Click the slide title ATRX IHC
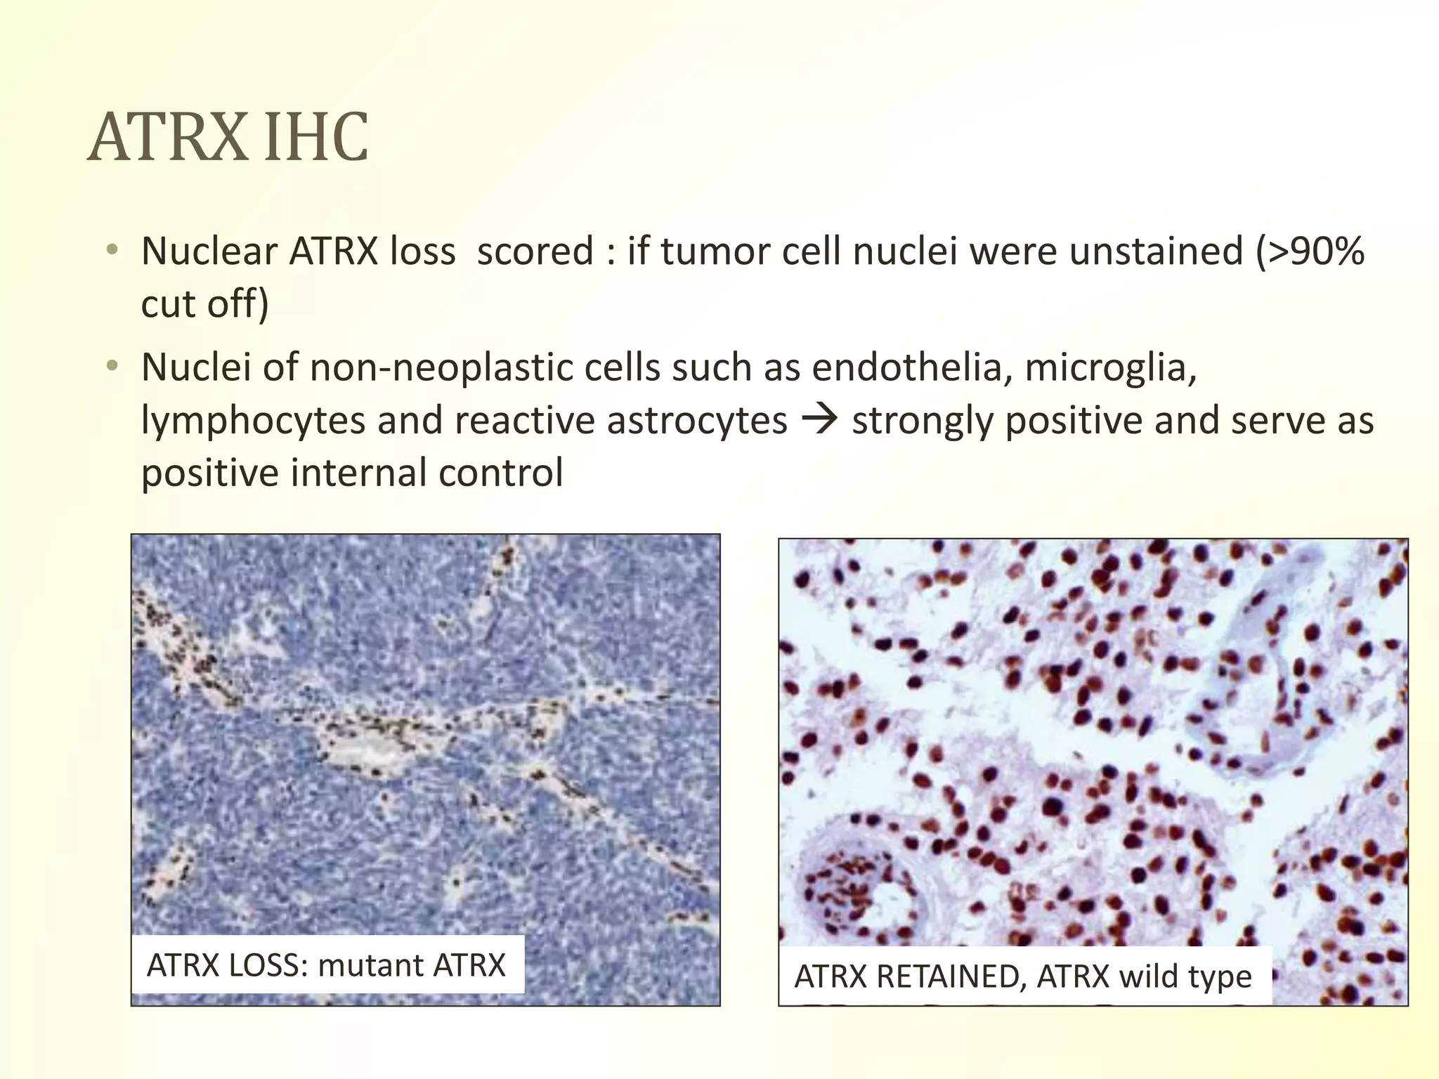228,137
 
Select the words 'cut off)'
204,303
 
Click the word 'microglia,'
1110,367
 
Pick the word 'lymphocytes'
253,420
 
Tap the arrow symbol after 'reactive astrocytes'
819,419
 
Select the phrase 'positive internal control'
351,472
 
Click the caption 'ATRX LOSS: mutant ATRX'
326,965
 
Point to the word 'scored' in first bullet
535,251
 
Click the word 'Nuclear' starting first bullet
209,251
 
